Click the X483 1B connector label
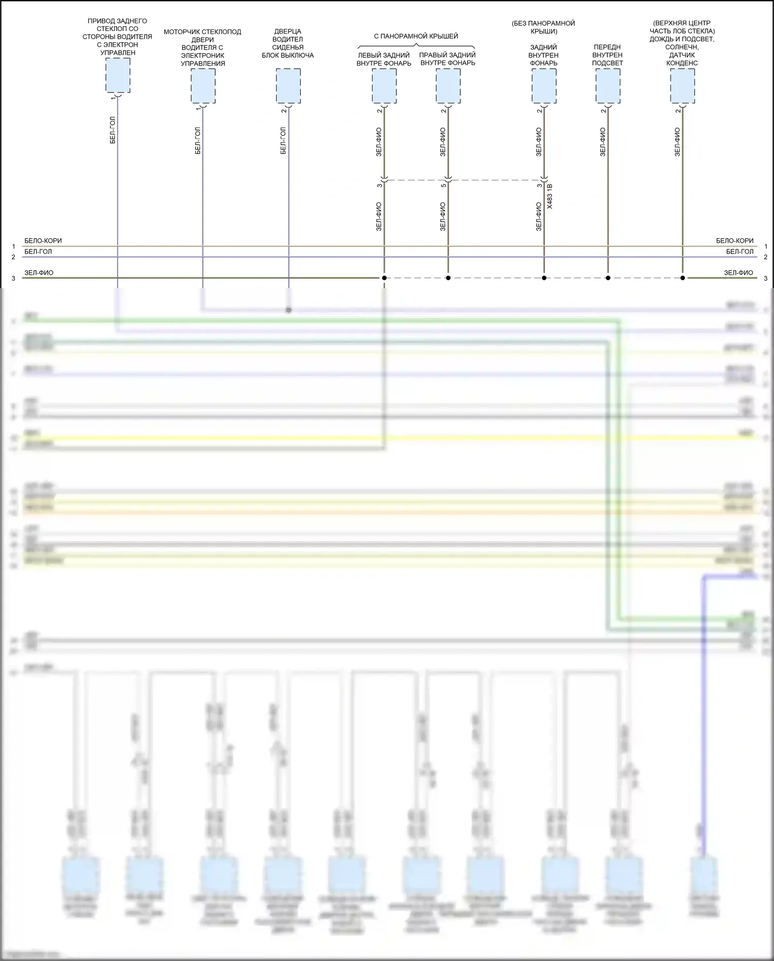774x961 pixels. pos(550,196)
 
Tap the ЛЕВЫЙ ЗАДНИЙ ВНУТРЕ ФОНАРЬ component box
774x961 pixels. pos(384,86)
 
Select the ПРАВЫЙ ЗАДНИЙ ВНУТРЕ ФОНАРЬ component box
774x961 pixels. pos(448,86)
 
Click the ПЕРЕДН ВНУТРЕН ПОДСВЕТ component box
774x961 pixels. pos(608,86)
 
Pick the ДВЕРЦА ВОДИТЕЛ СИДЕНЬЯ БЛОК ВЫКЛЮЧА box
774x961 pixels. pos(288,86)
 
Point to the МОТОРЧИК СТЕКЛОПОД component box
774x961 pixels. pos(203,86)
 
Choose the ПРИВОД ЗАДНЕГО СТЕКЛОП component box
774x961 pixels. pos(118,75)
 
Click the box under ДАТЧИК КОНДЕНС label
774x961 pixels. pos(682,86)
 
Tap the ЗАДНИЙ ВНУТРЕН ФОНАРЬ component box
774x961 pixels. pos(544,86)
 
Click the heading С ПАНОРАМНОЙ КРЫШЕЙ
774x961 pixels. pos(416,36)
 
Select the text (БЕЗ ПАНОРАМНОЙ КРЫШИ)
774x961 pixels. pos(543,27)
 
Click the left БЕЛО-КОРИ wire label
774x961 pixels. pos(43,241)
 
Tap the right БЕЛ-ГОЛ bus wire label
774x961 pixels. pos(739,251)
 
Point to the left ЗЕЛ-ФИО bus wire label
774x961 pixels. pos(39,273)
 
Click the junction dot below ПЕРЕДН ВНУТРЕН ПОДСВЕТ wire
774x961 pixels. pos(608,278)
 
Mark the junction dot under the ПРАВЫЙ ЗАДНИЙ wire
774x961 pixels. pos(448,278)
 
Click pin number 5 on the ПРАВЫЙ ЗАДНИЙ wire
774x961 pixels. pos(443,185)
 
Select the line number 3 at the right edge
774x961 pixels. pos(765,278)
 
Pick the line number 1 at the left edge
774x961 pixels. pos(14,246)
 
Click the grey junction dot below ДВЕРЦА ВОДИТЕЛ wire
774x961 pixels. pos(288,310)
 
